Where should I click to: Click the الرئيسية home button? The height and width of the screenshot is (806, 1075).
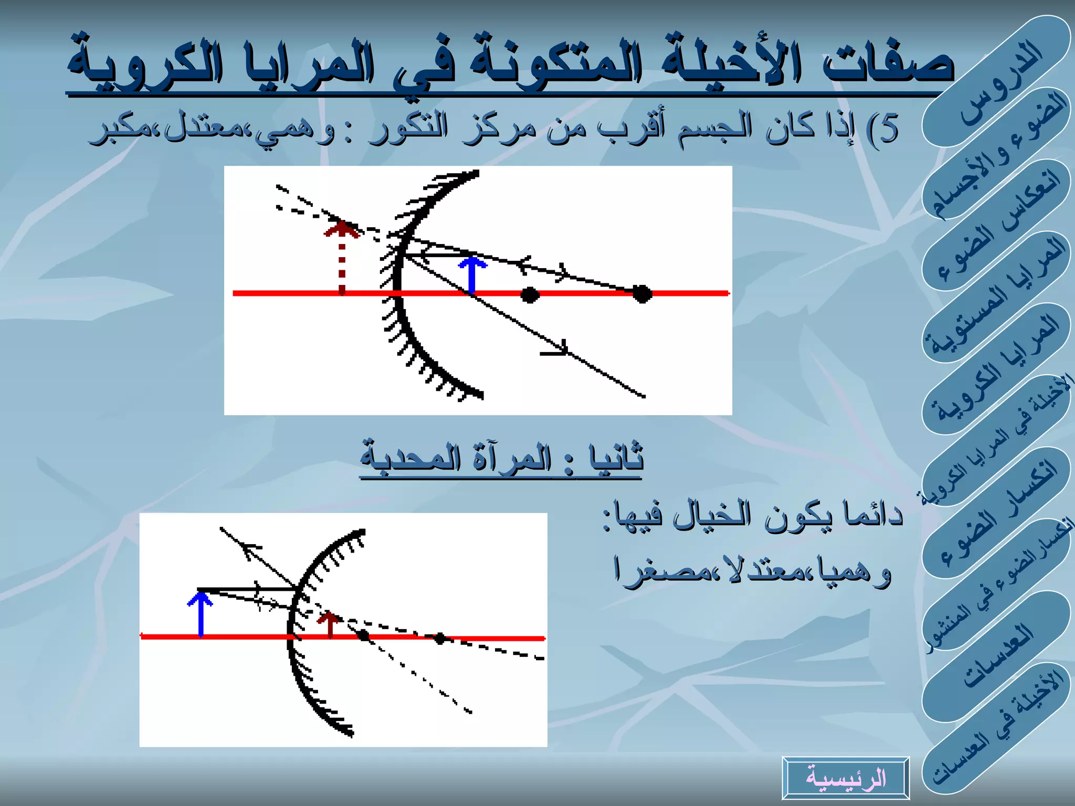(845, 778)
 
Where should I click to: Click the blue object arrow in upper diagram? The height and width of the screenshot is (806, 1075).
(472, 274)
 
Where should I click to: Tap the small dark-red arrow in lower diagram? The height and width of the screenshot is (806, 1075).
(330, 624)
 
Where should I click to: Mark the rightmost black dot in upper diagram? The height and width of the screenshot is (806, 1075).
(642, 294)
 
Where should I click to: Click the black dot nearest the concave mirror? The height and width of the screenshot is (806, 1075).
(530, 294)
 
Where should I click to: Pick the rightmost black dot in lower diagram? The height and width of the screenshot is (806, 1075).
(440, 638)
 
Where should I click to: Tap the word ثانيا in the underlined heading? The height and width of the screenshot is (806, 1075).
(617, 458)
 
